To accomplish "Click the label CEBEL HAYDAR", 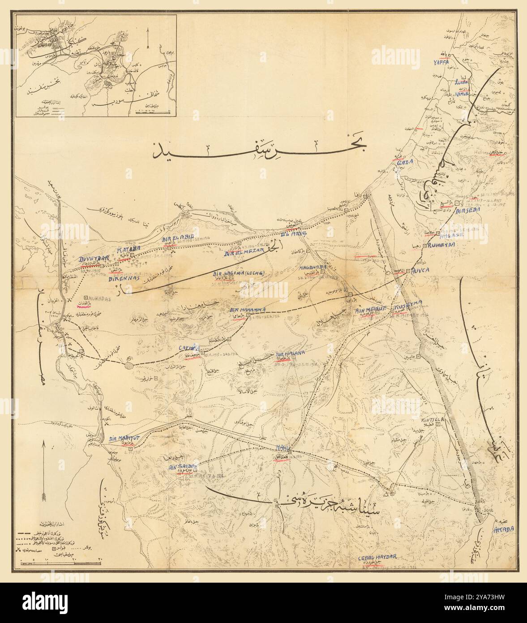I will click(x=377, y=558).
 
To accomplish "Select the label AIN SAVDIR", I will click(x=182, y=467).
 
